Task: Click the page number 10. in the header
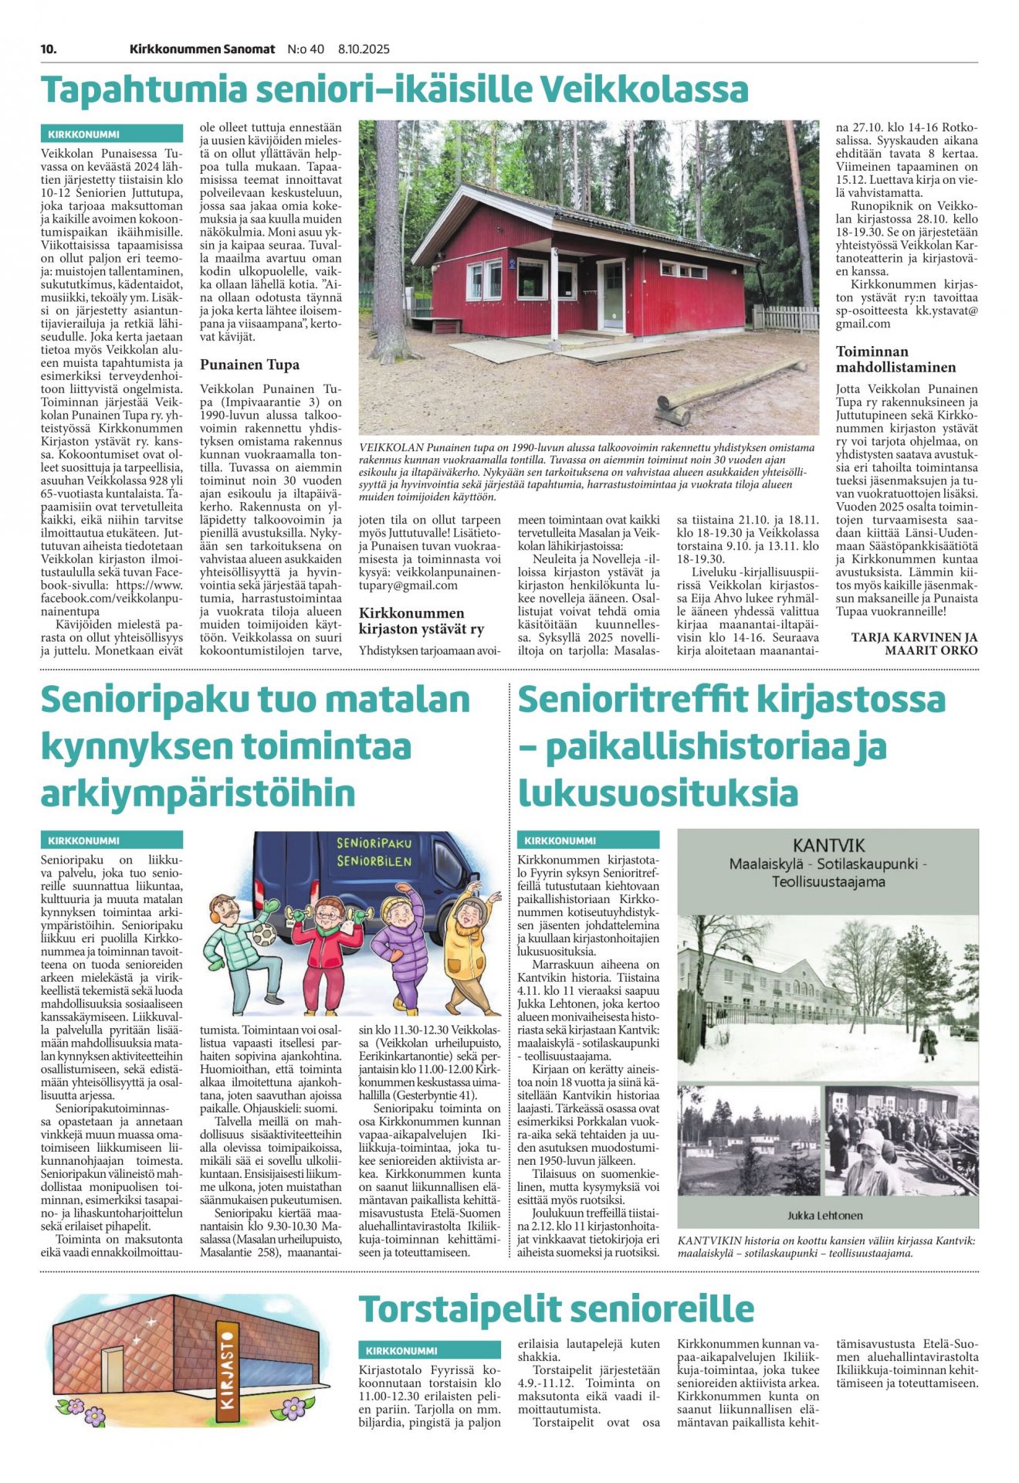49,49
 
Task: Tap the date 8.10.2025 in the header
364,49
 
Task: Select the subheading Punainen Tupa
249,365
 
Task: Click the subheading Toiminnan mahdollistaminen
895,359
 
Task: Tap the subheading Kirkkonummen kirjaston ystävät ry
421,621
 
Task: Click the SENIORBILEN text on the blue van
374,861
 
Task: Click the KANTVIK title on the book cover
828,846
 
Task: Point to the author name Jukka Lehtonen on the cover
824,1215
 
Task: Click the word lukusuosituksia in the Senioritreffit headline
658,793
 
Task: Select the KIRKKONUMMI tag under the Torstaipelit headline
401,1351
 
